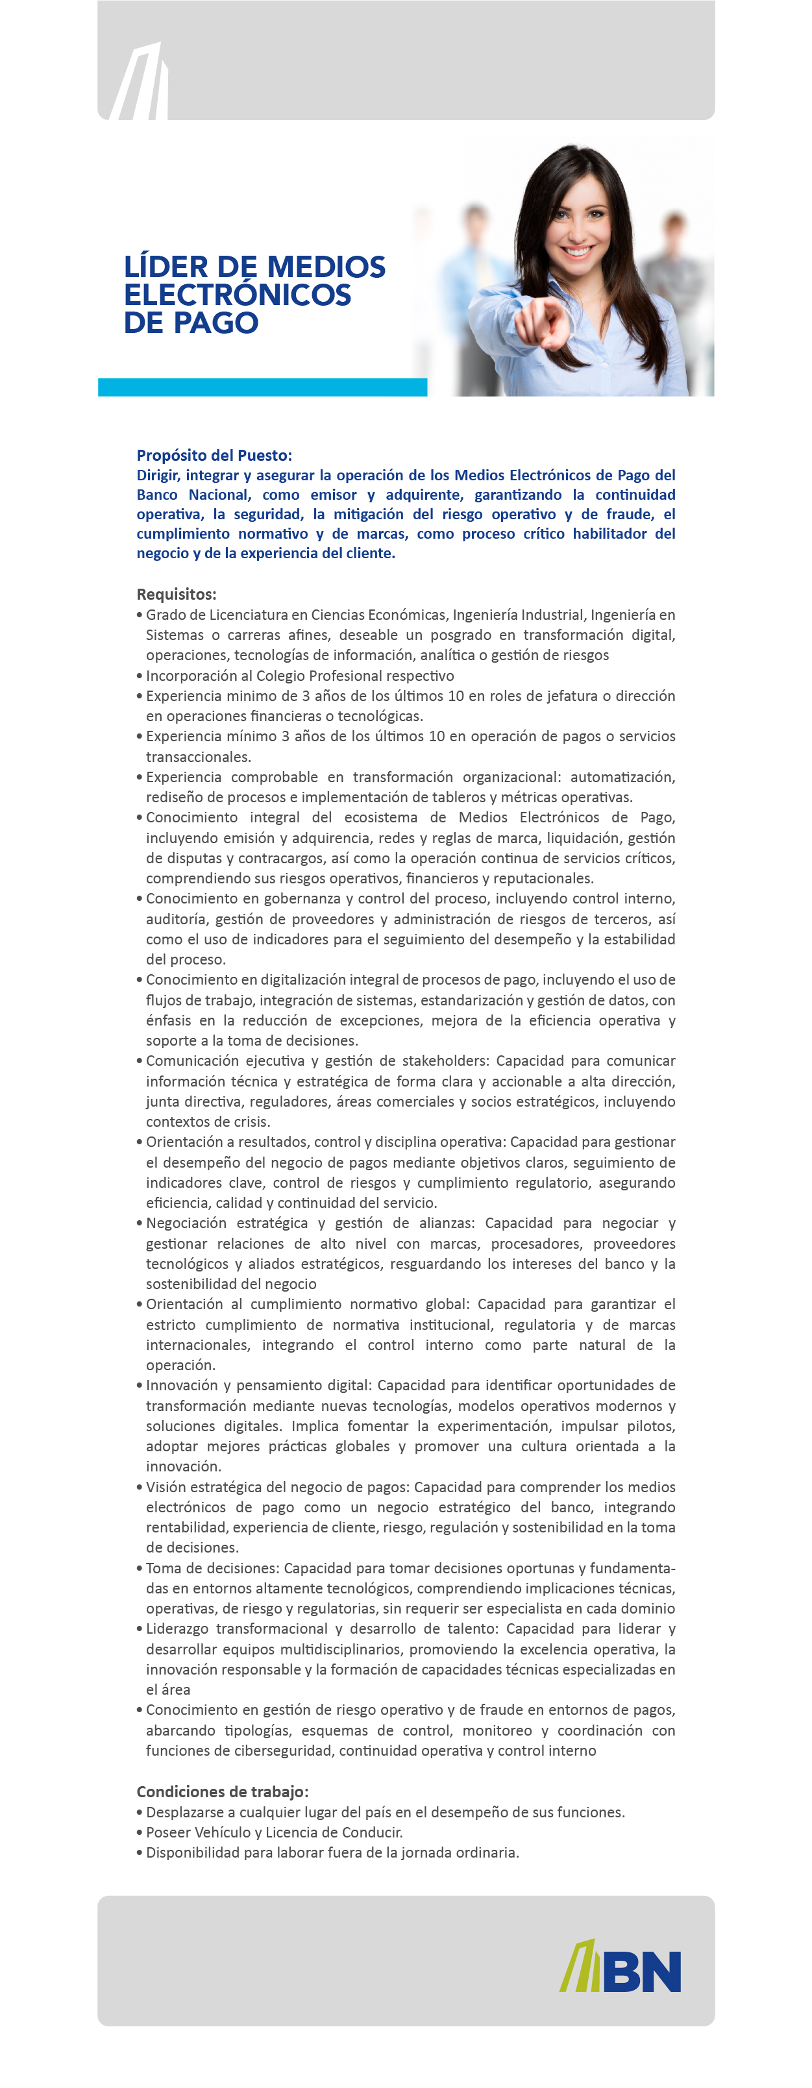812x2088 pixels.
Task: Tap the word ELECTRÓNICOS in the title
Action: pyautogui.click(x=238, y=295)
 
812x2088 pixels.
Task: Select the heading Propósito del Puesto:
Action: pyautogui.click(x=214, y=456)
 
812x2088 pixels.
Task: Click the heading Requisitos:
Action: pyautogui.click(x=176, y=594)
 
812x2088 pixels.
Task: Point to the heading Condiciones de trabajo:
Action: pyautogui.click(x=222, y=1791)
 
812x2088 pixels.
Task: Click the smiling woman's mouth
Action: pyautogui.click(x=577, y=250)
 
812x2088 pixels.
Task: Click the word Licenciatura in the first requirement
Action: pyautogui.click(x=247, y=615)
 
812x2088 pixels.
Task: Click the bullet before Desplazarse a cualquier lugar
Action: pyautogui.click(x=140, y=1812)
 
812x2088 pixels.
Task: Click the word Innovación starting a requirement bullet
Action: pyautogui.click(x=180, y=1385)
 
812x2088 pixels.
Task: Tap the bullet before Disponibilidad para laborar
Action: pyautogui.click(x=140, y=1853)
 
